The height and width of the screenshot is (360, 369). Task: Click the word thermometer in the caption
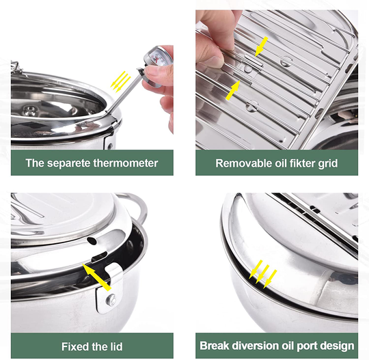tap(123, 163)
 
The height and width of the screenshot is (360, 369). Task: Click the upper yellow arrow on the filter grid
tap(261, 47)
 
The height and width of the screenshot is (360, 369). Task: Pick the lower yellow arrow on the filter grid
tap(234, 89)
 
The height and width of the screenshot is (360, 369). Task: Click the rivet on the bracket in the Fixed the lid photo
tap(109, 299)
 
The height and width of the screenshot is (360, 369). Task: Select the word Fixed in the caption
tap(77, 346)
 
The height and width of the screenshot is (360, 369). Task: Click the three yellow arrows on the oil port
tap(263, 273)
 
